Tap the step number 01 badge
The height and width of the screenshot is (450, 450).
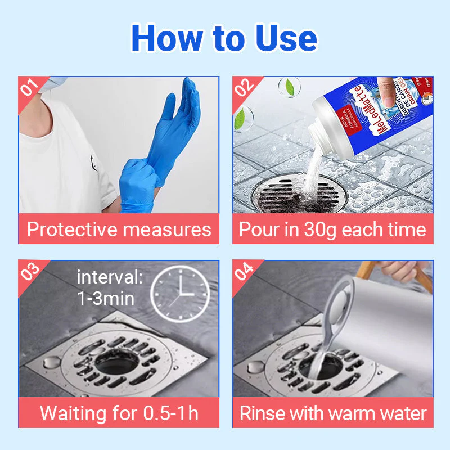pos(29,87)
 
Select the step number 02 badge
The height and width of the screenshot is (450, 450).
pos(244,87)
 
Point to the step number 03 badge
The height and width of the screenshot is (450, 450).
pos(29,271)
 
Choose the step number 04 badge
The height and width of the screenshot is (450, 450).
pos(244,271)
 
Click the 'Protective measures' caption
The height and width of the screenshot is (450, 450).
pos(119,229)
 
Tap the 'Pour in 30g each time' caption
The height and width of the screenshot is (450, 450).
pos(332,229)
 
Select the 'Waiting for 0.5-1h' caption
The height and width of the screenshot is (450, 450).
pos(119,413)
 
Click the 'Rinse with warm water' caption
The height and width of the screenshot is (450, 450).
pos(332,413)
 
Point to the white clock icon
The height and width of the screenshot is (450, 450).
pos(179,293)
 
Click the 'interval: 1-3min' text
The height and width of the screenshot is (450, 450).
pos(110,287)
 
